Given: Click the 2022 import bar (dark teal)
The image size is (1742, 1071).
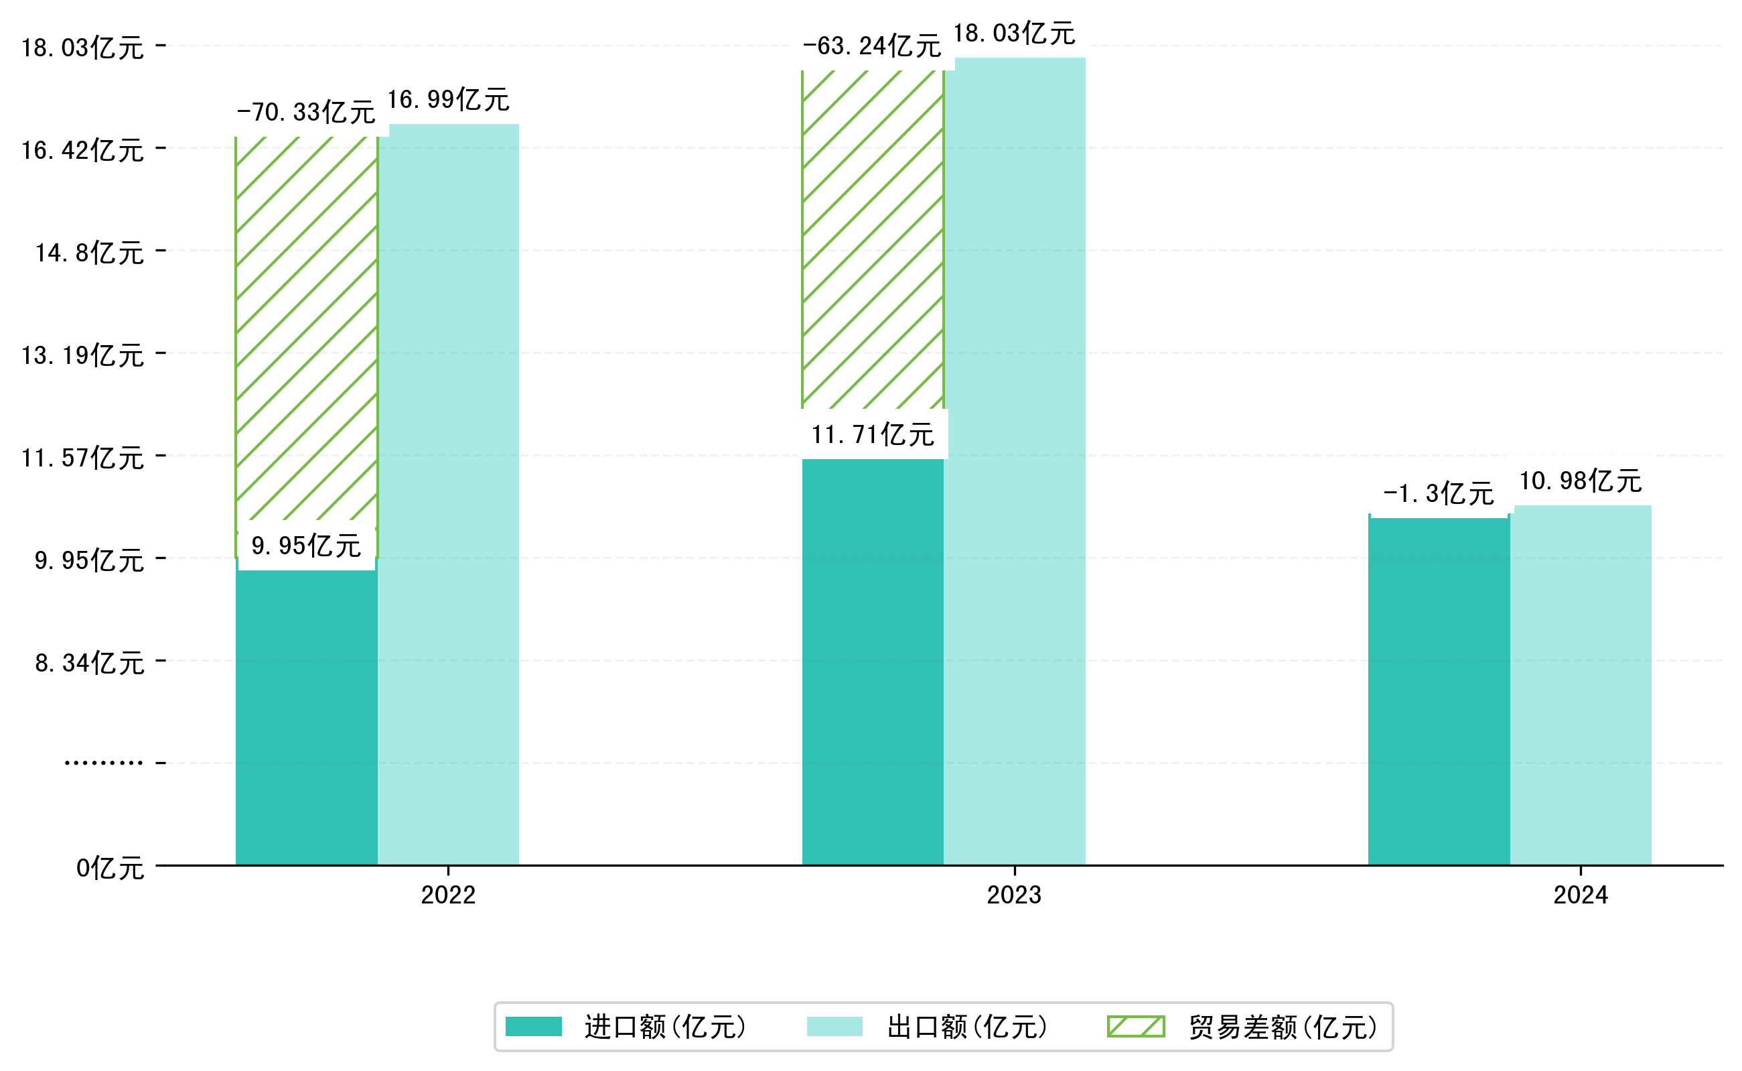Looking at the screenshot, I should (306, 715).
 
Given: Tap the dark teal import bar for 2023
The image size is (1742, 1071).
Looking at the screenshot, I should (872, 661).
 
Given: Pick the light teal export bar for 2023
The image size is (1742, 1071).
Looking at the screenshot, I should (1015, 461).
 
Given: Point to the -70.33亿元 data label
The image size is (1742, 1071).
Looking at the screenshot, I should (306, 112).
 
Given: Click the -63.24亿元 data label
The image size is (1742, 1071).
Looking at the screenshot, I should (871, 46).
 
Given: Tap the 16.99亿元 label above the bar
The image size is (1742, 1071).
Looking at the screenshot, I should (448, 100).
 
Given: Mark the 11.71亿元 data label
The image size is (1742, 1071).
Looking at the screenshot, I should (872, 434).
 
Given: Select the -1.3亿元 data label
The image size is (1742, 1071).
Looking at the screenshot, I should (1439, 493).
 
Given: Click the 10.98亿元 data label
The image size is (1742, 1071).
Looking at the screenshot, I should (1580, 481).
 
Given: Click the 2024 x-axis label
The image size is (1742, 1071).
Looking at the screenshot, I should (1580, 895).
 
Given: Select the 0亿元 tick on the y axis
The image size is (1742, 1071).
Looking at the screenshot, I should (110, 869).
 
